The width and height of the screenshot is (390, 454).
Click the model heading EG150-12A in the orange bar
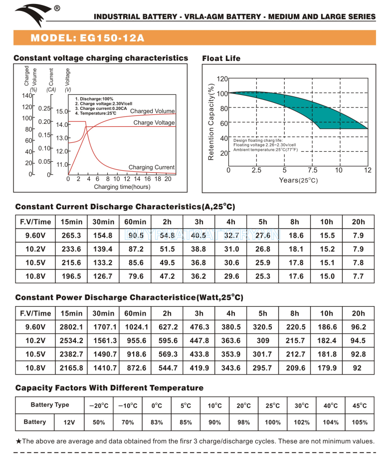(x=88, y=38)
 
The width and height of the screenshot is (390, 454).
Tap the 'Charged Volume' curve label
(x=153, y=111)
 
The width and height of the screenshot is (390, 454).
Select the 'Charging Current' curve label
(x=152, y=167)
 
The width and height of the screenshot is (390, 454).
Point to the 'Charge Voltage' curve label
(x=154, y=122)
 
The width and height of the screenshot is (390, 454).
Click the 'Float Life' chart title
(x=221, y=58)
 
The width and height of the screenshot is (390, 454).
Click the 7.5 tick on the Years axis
(x=312, y=170)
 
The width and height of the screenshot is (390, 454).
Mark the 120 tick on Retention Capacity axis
(x=222, y=79)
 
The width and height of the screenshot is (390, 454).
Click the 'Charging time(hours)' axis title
(x=122, y=187)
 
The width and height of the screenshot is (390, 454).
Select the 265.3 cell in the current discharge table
(x=71, y=235)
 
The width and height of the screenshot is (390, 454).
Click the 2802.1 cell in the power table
(x=71, y=327)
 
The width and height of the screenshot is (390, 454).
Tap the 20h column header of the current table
(x=358, y=222)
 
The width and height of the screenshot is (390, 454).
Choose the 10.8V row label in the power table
(x=35, y=368)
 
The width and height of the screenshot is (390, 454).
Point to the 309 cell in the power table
(x=263, y=341)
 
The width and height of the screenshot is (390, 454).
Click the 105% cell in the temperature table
(x=360, y=423)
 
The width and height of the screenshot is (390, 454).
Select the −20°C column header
(x=98, y=406)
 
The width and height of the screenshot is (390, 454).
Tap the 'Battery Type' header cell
(x=50, y=405)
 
